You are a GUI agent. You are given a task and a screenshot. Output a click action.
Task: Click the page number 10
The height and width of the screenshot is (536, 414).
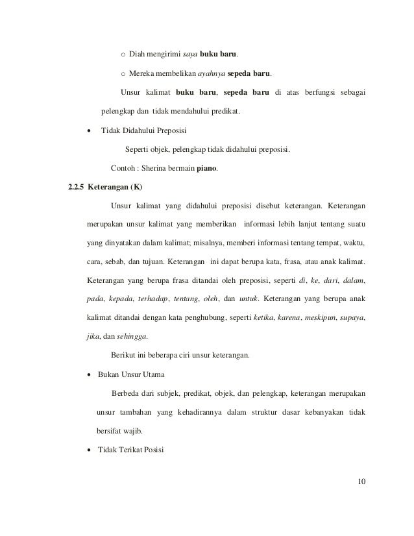click(x=361, y=481)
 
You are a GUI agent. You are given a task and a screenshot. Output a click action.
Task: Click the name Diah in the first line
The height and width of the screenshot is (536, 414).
click(x=138, y=53)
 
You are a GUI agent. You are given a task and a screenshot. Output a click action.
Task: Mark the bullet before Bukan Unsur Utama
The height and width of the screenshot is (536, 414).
click(x=89, y=375)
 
